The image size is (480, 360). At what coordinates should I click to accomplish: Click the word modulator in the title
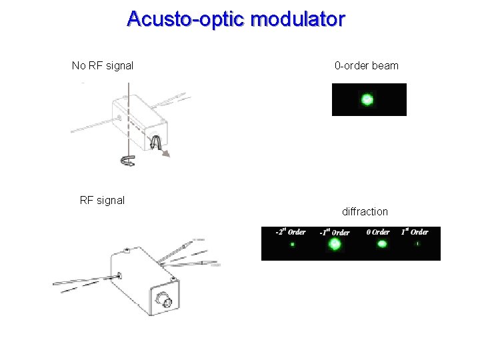point(297,19)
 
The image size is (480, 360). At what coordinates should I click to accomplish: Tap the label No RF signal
point(103,65)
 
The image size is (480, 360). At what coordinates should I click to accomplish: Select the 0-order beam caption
point(367,65)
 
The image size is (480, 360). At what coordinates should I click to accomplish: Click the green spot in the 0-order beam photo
point(367,100)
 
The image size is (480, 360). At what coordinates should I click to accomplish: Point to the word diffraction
point(365,211)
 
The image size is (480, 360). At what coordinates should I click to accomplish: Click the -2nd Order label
point(291,232)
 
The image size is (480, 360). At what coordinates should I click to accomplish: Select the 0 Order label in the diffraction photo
point(378,232)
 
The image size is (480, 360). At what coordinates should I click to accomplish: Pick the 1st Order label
point(415,232)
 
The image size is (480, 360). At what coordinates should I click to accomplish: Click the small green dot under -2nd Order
point(292,245)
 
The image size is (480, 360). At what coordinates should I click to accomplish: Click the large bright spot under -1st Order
point(335,245)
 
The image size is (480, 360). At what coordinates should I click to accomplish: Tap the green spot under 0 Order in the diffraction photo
point(382,244)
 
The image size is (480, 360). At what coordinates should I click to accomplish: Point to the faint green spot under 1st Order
point(417,244)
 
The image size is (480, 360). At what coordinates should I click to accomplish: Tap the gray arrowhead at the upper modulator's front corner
point(167,154)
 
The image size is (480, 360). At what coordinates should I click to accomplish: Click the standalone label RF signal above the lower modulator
point(102,200)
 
